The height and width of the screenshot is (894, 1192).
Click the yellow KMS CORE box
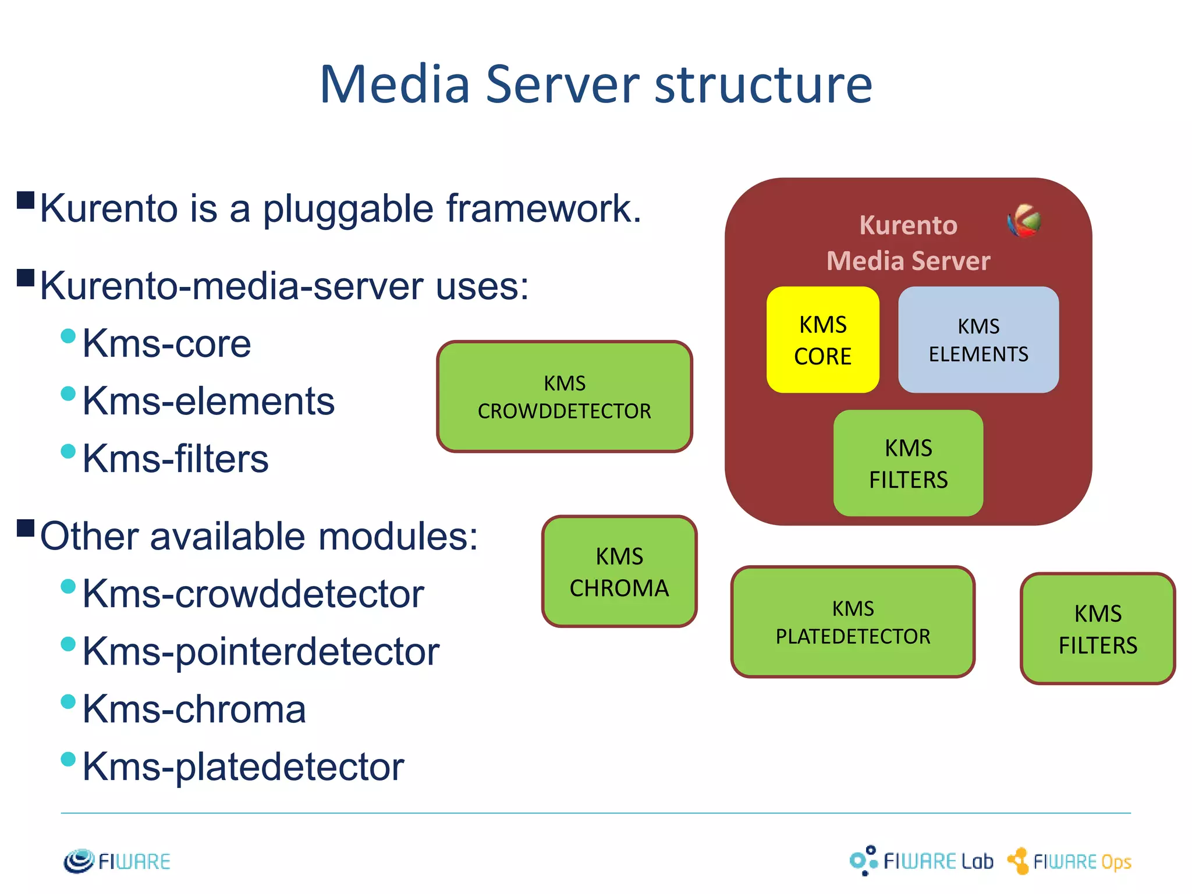pyautogui.click(x=822, y=340)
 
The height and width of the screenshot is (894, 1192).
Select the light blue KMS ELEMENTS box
pyautogui.click(x=978, y=340)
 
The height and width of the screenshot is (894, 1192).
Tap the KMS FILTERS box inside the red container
pyautogui.click(x=908, y=463)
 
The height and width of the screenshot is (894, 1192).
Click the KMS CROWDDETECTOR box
pyautogui.click(x=564, y=396)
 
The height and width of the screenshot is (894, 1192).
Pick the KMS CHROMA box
pyautogui.click(x=619, y=572)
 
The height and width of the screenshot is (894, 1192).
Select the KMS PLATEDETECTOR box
pyautogui.click(x=853, y=622)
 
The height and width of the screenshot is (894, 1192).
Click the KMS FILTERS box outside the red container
pyautogui.click(x=1098, y=629)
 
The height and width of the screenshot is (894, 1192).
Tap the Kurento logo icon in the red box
pyautogui.click(x=1024, y=221)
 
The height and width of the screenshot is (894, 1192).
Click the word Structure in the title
pyautogui.click(x=763, y=85)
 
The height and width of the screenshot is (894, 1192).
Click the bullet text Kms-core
pyautogui.click(x=166, y=343)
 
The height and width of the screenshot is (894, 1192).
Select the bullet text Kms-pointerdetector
pyautogui.click(x=260, y=651)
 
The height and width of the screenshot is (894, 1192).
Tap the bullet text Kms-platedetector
pyautogui.click(x=243, y=767)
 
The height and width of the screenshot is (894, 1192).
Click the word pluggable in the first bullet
pyautogui.click(x=348, y=208)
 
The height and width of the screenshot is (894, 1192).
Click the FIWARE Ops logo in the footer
pyautogui.click(x=1070, y=861)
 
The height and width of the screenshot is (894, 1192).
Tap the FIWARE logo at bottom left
pyautogui.click(x=117, y=861)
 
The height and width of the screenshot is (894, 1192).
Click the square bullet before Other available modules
pyautogui.click(x=26, y=528)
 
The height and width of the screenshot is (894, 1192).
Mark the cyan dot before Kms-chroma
pyautogui.click(x=68, y=701)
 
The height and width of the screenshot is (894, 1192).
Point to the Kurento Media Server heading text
pyautogui.click(x=908, y=243)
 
